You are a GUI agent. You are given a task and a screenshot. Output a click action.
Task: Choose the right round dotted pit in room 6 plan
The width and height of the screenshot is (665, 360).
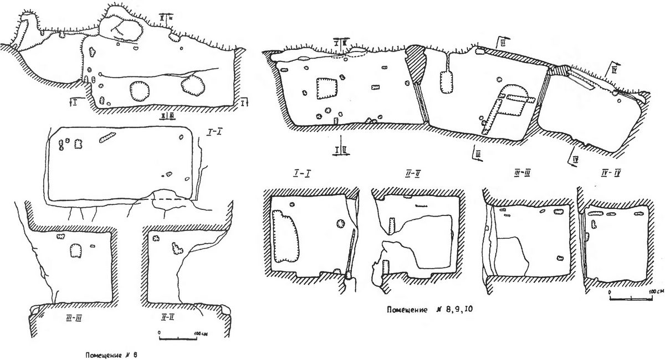(x=192, y=86)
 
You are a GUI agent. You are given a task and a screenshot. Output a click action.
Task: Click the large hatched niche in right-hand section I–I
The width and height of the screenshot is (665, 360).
(x=285, y=239)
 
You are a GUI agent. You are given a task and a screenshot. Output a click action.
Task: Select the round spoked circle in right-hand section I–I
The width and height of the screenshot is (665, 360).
(x=340, y=224)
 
